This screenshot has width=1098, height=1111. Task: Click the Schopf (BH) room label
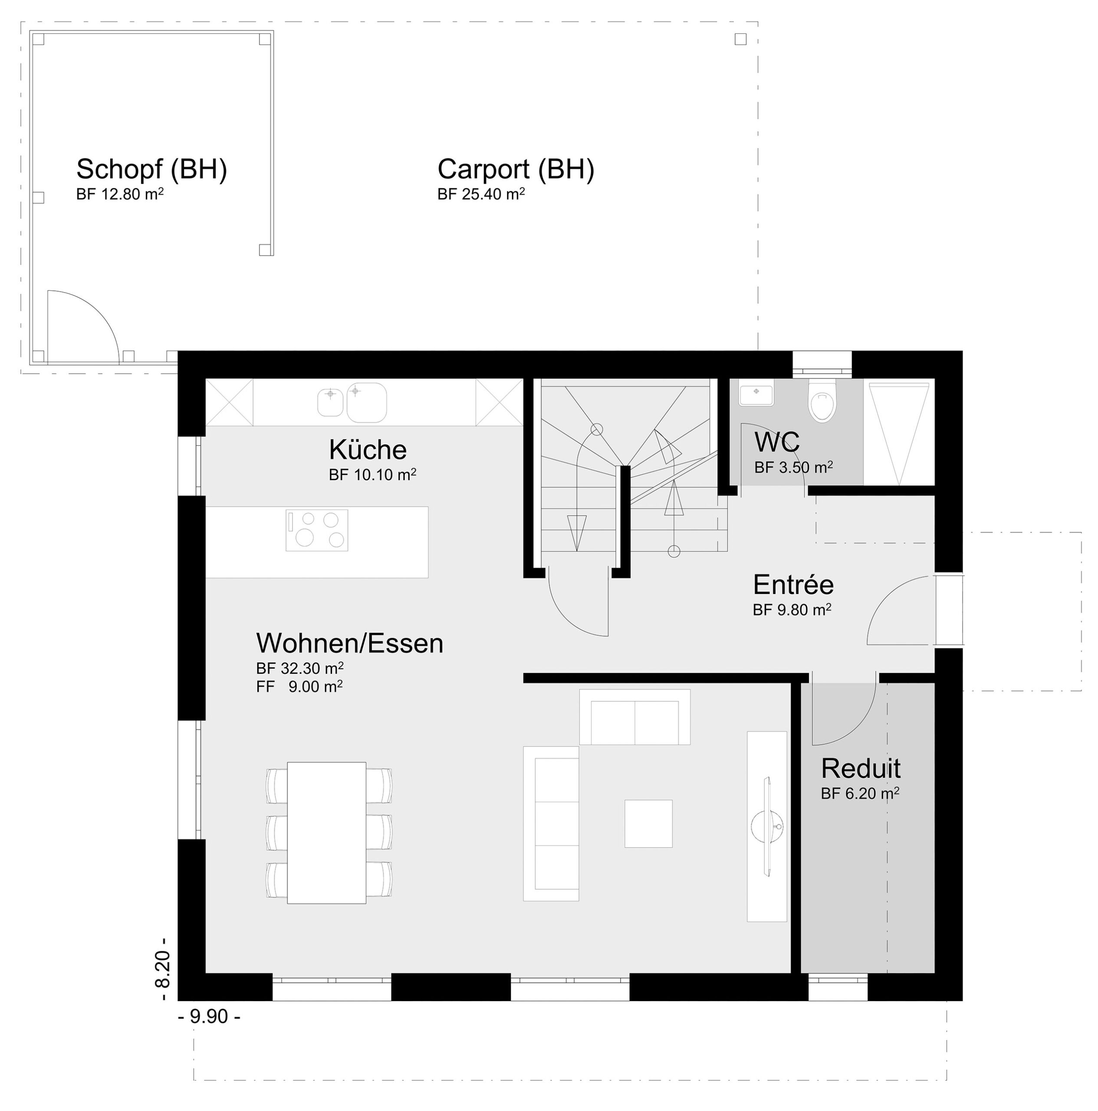[x=152, y=170]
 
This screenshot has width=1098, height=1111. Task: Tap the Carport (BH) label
[x=516, y=170]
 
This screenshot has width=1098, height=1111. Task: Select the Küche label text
[x=368, y=449]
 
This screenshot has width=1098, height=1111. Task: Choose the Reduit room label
[x=861, y=768]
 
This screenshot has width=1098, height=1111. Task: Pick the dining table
[x=327, y=833]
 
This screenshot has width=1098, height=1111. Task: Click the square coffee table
[x=648, y=823]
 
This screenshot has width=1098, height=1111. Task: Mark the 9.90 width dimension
[x=209, y=1017]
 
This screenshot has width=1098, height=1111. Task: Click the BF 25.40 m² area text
[x=481, y=194]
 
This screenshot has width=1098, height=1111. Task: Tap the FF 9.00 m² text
[x=299, y=687]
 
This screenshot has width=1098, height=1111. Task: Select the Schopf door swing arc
[x=98, y=311]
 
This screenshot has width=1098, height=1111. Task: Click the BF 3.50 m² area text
[x=794, y=467]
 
